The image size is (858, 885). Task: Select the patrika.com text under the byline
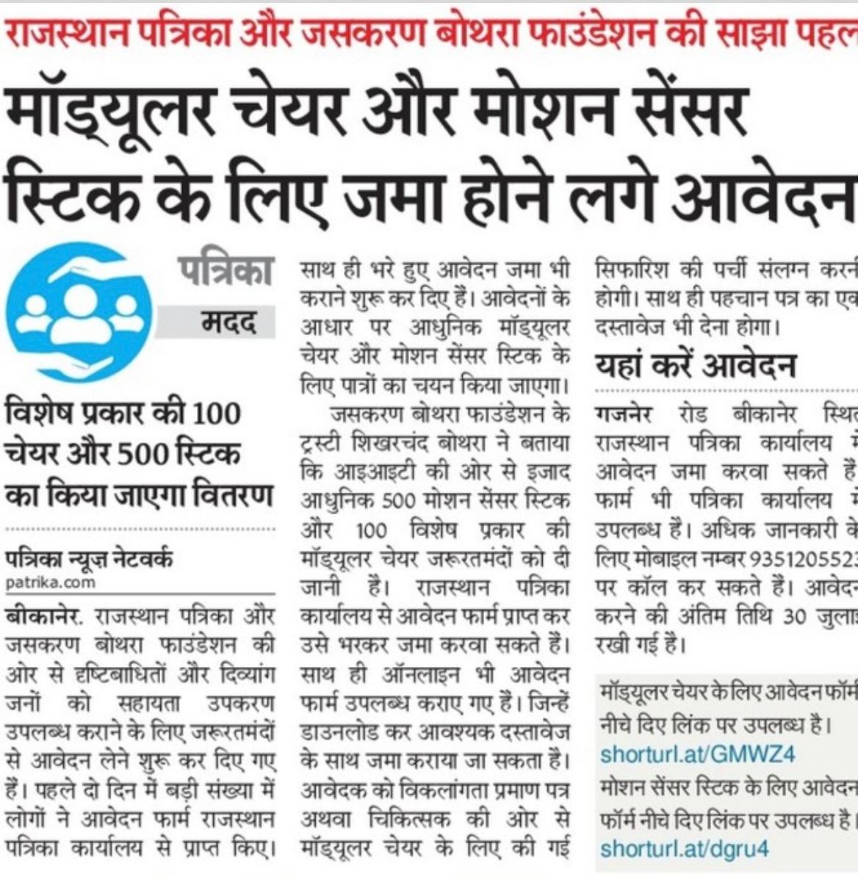tap(50, 582)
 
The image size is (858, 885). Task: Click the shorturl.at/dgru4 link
tap(684, 849)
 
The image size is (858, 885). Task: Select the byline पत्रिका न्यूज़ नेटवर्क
tap(89, 559)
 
